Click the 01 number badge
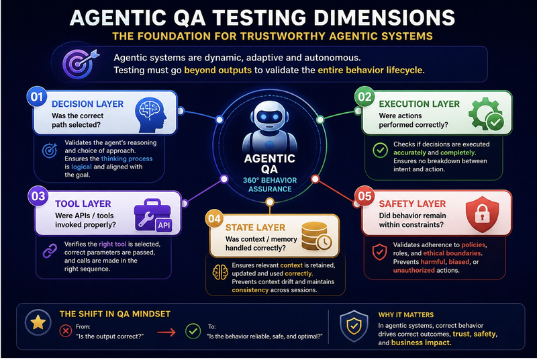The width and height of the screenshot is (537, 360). click(x=37, y=97)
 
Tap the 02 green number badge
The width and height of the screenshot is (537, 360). click(x=364, y=97)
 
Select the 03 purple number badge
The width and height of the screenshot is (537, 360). click(x=38, y=196)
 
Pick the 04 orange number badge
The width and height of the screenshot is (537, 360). click(x=214, y=218)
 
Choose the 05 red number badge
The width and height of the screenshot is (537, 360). click(x=364, y=196)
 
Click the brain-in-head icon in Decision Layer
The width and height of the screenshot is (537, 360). click(x=150, y=115)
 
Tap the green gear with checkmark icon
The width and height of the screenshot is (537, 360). click(x=486, y=114)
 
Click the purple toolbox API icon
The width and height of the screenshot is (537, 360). click(x=153, y=216)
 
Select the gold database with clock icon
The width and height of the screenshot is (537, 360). click(x=316, y=236)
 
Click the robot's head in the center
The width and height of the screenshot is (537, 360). click(x=269, y=118)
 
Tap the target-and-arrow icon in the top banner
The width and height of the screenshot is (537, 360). click(x=81, y=64)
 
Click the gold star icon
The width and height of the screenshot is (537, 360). click(x=38, y=322)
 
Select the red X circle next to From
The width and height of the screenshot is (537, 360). click(x=65, y=331)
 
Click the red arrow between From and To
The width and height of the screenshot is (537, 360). click(x=166, y=332)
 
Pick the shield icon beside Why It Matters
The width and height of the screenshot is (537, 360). click(x=354, y=326)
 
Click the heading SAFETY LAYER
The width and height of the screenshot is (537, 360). click(x=412, y=204)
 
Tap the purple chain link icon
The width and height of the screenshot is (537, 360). click(x=50, y=251)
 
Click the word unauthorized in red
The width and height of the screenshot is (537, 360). click(x=413, y=270)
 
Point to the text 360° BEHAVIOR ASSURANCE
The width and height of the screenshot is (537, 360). click(x=270, y=185)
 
